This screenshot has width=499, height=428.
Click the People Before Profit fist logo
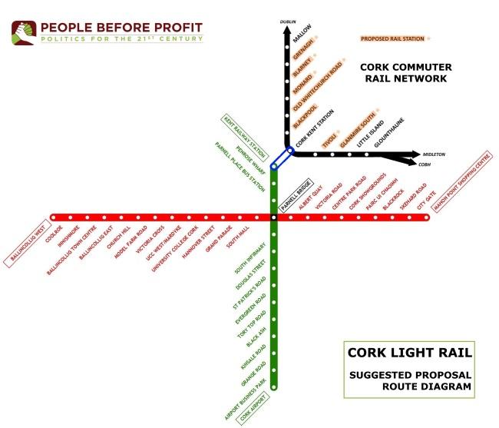(24, 33)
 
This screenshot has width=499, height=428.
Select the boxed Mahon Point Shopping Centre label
(461, 181)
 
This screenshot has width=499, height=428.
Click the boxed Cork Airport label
(253, 408)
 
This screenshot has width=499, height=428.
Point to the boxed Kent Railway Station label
(245, 138)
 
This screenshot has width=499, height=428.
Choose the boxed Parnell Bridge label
(296, 195)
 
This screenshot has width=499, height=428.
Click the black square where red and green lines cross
(274, 217)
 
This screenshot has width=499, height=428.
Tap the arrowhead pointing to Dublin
(287, 30)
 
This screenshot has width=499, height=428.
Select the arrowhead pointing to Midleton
(416, 154)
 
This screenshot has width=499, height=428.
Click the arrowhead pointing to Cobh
(413, 162)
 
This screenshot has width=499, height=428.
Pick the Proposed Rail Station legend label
(392, 38)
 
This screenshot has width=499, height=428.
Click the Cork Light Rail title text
(410, 353)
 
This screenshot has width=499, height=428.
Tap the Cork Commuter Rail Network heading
(406, 72)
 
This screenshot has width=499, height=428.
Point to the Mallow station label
(302, 34)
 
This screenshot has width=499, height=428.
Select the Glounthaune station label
(389, 132)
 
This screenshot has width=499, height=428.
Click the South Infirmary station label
(249, 258)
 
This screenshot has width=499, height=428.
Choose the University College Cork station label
(175, 249)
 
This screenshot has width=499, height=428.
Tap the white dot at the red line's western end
(53, 217)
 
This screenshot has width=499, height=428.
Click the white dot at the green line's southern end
(274, 387)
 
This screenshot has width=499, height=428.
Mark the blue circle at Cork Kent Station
(290, 150)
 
